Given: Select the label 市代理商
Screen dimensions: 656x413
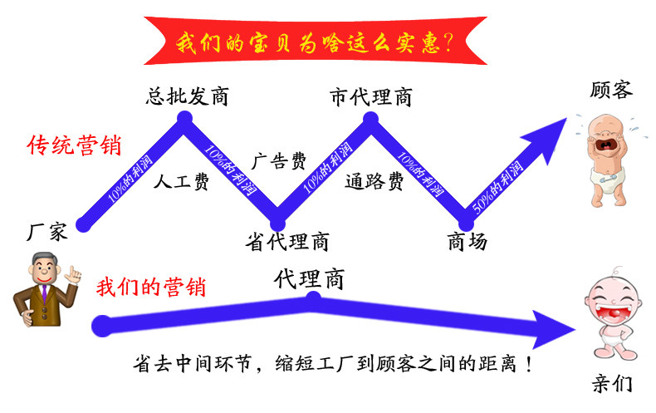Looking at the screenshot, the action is [370, 97].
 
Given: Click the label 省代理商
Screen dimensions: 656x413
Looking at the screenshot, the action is [288, 242].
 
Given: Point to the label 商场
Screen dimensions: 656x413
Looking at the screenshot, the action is [467, 242].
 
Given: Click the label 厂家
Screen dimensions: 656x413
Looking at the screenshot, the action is [47, 232].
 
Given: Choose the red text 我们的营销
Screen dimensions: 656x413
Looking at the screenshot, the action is [151, 288].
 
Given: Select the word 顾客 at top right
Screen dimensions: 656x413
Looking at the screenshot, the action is [611, 89].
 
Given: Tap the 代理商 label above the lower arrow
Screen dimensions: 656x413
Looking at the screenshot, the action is [309, 279].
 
